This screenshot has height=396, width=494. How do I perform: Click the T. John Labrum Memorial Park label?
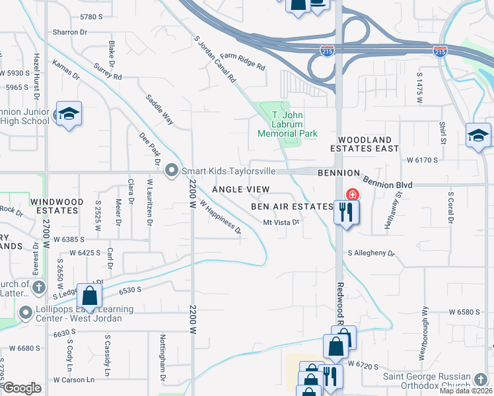[x=287, y=124]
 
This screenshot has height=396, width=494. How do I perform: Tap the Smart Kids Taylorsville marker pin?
[x=172, y=171]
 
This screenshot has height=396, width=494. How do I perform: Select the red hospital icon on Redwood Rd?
[x=352, y=195]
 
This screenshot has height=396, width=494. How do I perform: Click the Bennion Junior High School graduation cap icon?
[x=69, y=114]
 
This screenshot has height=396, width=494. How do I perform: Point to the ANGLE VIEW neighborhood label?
[x=240, y=189]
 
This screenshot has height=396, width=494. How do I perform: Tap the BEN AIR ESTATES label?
[x=292, y=207]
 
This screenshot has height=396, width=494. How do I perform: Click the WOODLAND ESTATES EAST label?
[x=369, y=145]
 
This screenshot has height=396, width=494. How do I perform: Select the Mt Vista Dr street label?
[x=282, y=222]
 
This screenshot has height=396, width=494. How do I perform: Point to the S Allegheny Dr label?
[x=370, y=253]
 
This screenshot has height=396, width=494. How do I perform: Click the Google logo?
[x=22, y=388]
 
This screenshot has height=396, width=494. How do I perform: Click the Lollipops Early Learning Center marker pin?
[x=26, y=312]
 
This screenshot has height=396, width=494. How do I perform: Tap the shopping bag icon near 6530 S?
[x=89, y=295]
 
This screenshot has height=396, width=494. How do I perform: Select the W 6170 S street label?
[x=423, y=160]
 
